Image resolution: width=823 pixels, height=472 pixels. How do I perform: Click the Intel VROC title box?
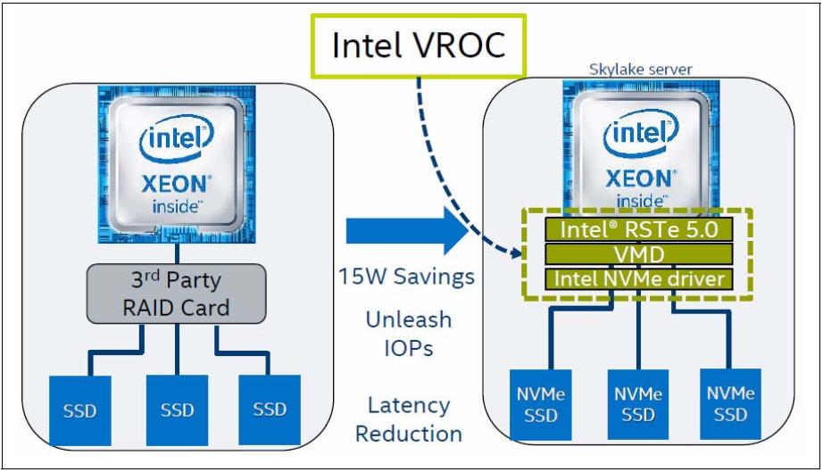pyautogui.click(x=419, y=46)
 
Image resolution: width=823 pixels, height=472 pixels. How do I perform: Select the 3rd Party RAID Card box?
pyautogui.click(x=177, y=294)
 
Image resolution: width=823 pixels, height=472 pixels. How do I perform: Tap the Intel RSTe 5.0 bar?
pyautogui.click(x=639, y=229)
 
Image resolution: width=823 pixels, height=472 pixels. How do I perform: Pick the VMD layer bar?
pyautogui.click(x=639, y=254)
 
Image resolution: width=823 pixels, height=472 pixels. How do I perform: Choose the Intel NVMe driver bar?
pyautogui.click(x=639, y=278)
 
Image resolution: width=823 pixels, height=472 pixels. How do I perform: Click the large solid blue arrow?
pyautogui.click(x=407, y=231)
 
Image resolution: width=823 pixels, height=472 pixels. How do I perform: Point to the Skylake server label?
pyautogui.click(x=640, y=70)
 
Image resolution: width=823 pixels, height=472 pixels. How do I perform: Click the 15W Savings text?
pyautogui.click(x=406, y=277)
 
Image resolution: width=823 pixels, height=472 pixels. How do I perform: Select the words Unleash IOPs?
pyautogui.click(x=408, y=334)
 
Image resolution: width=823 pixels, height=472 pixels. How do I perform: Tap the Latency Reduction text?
pyautogui.click(x=408, y=419)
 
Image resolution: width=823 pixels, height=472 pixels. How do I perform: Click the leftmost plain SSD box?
pyautogui.click(x=80, y=410)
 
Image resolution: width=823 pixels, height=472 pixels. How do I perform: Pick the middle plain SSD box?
pyautogui.click(x=177, y=410)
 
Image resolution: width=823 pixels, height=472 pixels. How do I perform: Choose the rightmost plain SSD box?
pyautogui.click(x=270, y=410)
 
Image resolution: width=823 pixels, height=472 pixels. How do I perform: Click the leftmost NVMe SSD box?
pyautogui.click(x=541, y=404)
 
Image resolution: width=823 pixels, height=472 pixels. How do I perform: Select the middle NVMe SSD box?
pyautogui.click(x=638, y=404)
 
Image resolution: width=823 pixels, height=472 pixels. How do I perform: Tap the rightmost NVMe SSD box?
pyautogui.click(x=731, y=404)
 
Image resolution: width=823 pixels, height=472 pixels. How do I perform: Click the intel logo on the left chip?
pyautogui.click(x=177, y=139)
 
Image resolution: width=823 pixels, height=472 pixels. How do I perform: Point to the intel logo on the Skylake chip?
pyautogui.click(x=641, y=131)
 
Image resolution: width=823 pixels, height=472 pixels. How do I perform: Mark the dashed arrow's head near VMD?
pyautogui.click(x=517, y=253)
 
